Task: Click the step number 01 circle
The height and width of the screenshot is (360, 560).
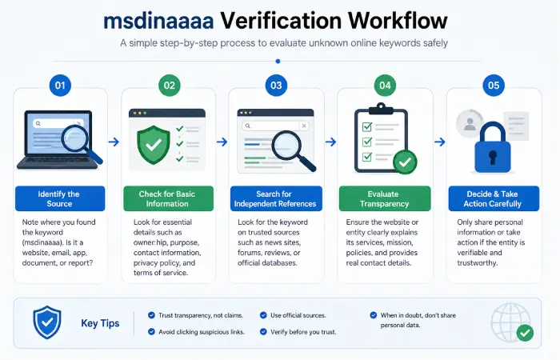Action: tap(60, 86)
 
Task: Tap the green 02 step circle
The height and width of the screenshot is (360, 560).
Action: tap(170, 86)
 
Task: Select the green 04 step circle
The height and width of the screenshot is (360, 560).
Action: tap(385, 86)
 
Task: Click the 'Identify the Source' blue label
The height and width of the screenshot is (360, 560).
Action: tap(60, 198)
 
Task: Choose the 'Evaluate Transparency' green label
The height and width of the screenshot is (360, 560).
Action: tap(384, 198)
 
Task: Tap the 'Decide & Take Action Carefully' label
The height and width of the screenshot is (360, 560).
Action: tap(494, 198)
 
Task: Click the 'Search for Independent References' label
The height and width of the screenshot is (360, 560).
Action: tap(276, 198)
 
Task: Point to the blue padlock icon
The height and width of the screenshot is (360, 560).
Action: tap(493, 147)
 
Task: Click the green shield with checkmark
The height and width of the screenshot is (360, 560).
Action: tap(154, 145)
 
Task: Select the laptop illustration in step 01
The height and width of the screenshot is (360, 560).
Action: tap(60, 140)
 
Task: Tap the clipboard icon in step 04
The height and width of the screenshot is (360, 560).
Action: tap(382, 138)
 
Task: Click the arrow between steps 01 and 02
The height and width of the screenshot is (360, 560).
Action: tap(114, 142)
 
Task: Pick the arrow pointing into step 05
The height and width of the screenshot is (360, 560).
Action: tap(440, 142)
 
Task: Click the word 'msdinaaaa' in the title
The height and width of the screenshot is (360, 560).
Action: tap(158, 21)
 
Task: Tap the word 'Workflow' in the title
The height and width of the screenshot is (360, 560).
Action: tap(398, 20)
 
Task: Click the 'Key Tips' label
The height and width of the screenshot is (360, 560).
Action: tap(100, 323)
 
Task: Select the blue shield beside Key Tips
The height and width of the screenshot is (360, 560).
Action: tap(47, 322)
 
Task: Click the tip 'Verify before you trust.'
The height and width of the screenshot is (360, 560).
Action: tap(303, 332)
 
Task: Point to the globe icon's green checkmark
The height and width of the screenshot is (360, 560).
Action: tap(525, 334)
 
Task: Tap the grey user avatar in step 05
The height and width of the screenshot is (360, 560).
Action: tap(470, 123)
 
